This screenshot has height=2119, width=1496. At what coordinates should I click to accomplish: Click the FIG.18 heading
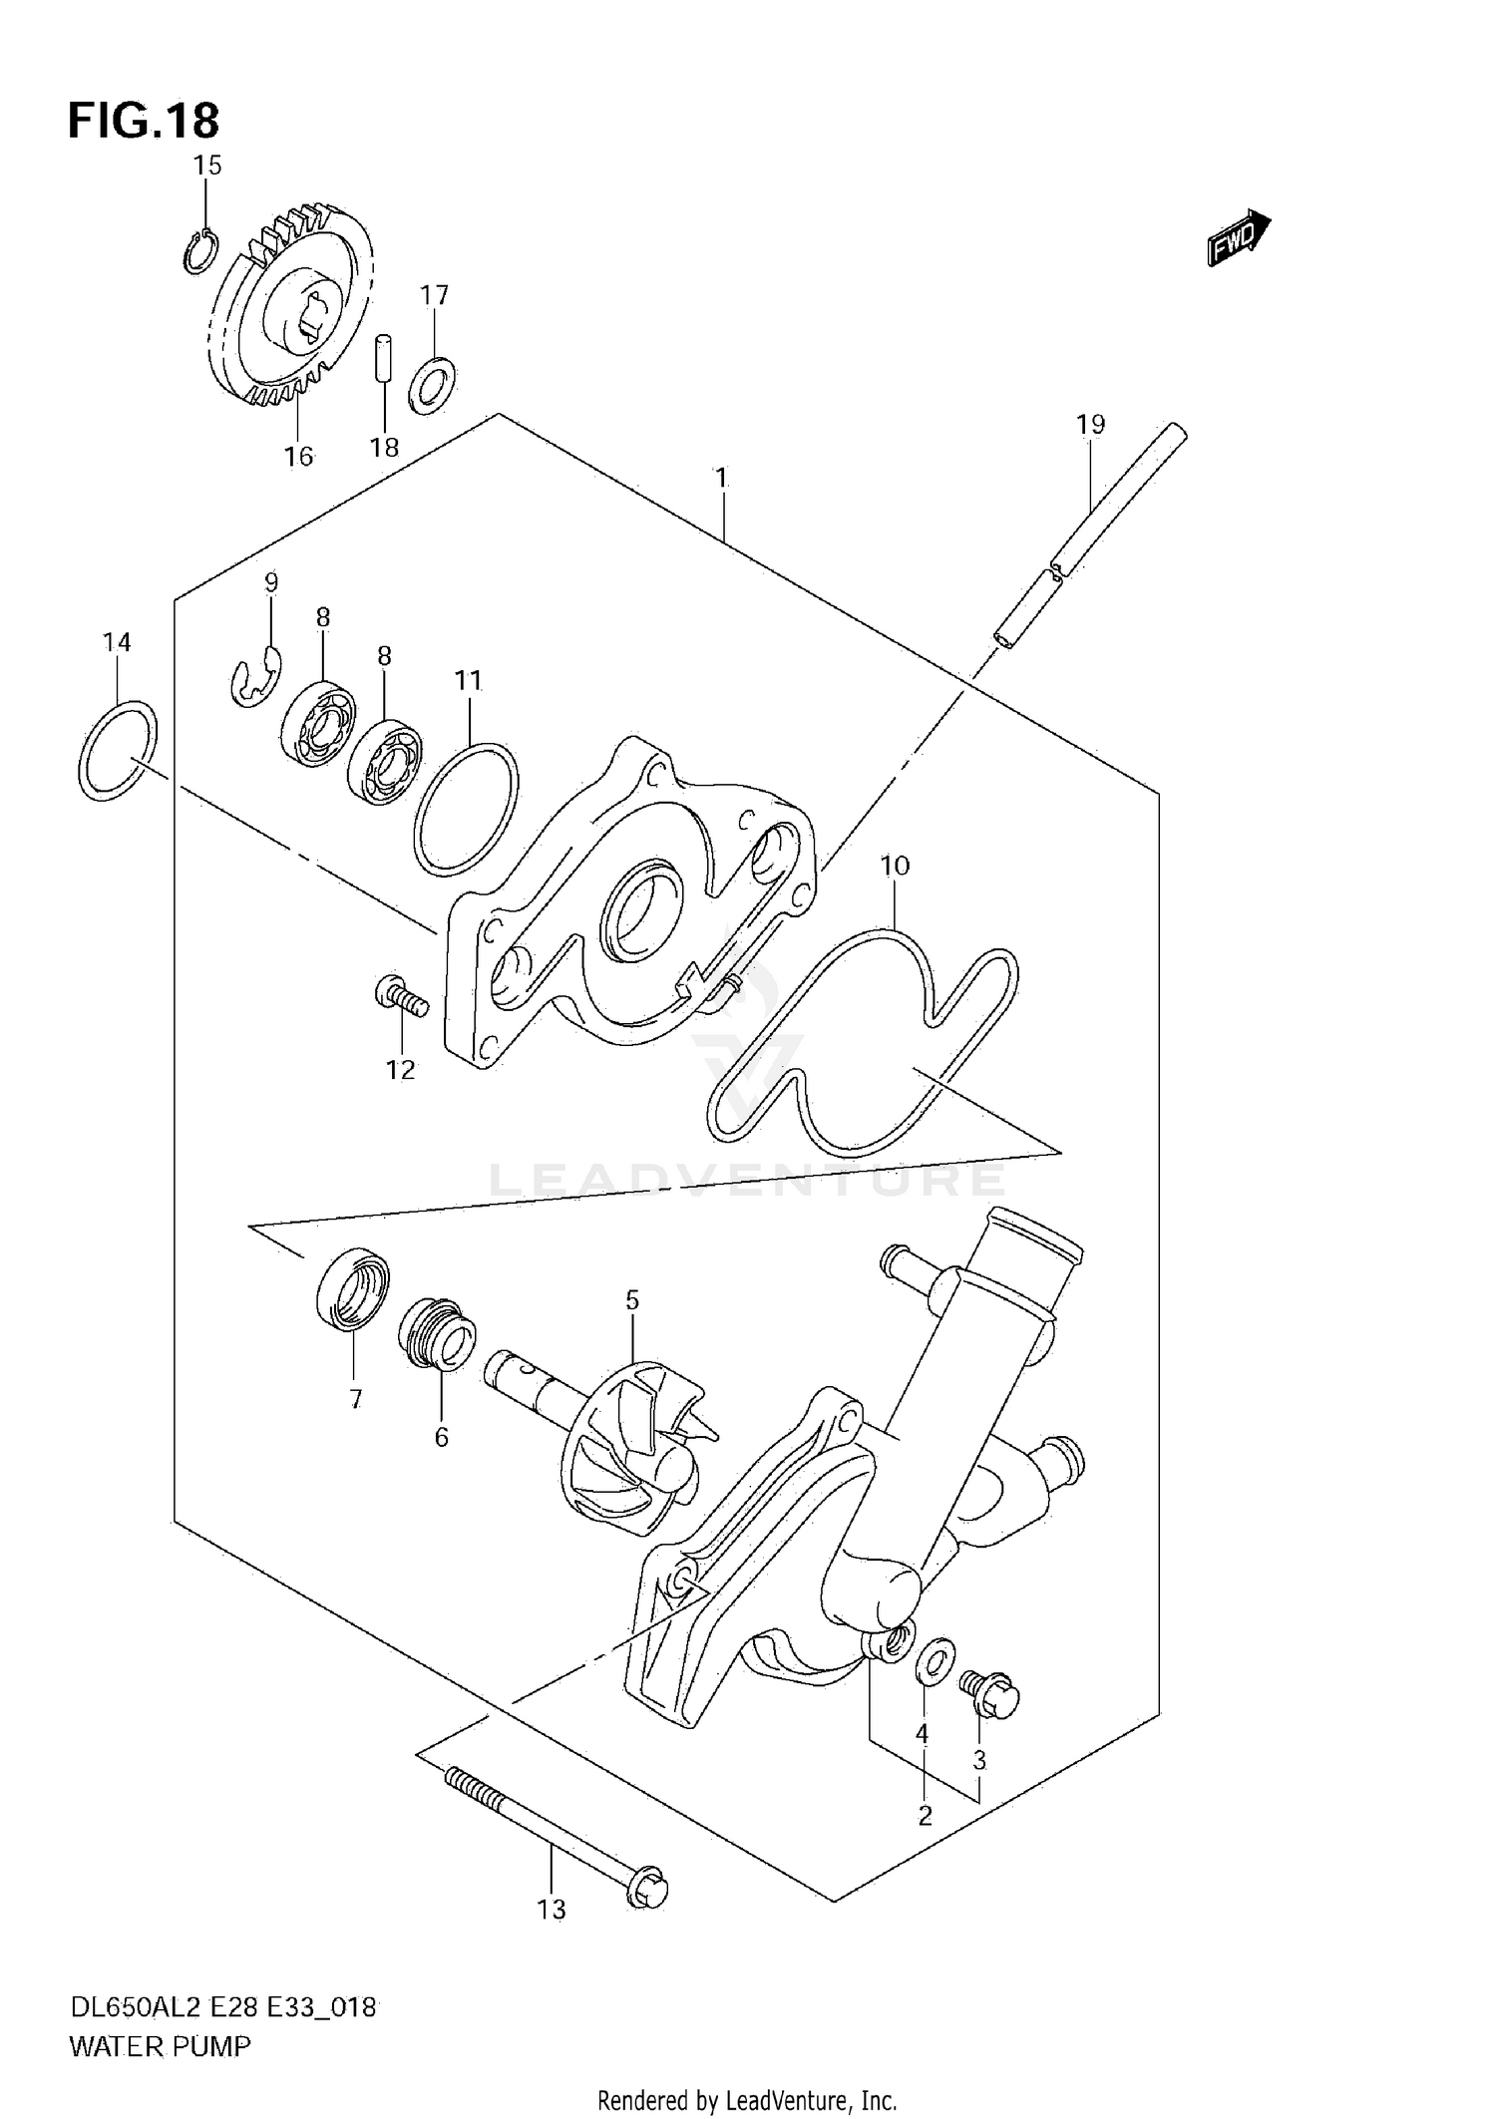tap(144, 122)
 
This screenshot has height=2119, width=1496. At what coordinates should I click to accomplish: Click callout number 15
tap(207, 166)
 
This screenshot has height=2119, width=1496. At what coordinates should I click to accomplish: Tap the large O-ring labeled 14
tap(118, 751)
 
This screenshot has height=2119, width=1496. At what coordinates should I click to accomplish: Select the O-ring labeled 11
tap(467, 809)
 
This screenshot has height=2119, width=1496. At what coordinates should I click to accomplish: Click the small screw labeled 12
tap(402, 996)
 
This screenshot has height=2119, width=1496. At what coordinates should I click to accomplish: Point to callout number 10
tap(895, 866)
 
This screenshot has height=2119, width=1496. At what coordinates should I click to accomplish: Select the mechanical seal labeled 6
tap(437, 1334)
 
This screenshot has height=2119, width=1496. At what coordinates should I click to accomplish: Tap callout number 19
tap(1090, 425)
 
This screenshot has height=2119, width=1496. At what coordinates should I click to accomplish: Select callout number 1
tap(720, 478)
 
